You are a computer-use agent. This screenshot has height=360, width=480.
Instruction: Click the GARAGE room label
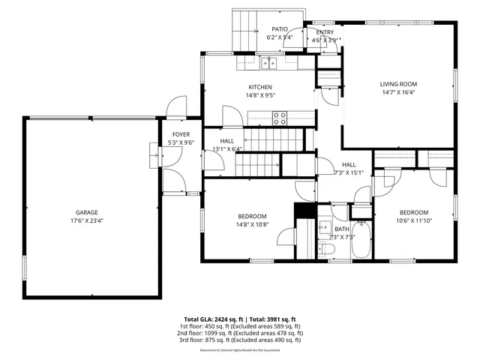pyautogui.click(x=86, y=212)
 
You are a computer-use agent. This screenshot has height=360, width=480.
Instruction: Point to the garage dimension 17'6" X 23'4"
pyautogui.click(x=86, y=221)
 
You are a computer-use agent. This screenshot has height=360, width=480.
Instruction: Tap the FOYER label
pyautogui.click(x=181, y=134)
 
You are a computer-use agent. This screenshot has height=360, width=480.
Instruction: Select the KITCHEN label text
pyautogui.click(x=260, y=87)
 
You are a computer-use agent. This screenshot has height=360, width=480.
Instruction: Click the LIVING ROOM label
pyautogui.click(x=398, y=84)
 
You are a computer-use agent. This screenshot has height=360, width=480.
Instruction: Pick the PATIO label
pyautogui.click(x=280, y=29)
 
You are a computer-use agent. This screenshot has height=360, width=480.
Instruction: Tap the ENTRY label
pyautogui.click(x=325, y=32)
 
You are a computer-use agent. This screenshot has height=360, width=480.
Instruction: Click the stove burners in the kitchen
pyautogui.click(x=279, y=117)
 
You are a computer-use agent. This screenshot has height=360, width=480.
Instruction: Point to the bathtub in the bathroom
pyautogui.click(x=361, y=240)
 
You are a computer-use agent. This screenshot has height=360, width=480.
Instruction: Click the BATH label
pyautogui.click(x=341, y=229)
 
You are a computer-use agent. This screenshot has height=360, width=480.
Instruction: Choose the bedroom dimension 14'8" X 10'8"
pyautogui.click(x=252, y=224)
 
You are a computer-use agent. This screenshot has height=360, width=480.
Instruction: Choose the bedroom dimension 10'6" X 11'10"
pyautogui.click(x=413, y=220)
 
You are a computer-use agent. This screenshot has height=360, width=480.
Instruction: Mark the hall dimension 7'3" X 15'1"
pyautogui.click(x=349, y=173)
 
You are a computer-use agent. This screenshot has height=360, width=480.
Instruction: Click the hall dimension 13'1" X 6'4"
pyautogui.click(x=226, y=149)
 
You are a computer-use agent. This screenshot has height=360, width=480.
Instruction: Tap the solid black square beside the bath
pyautogui.click(x=304, y=211)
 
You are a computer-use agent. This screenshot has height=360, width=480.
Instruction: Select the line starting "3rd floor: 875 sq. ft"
pyautogui.click(x=239, y=340)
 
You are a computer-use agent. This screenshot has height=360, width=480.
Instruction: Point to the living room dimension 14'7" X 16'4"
pyautogui.click(x=398, y=93)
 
